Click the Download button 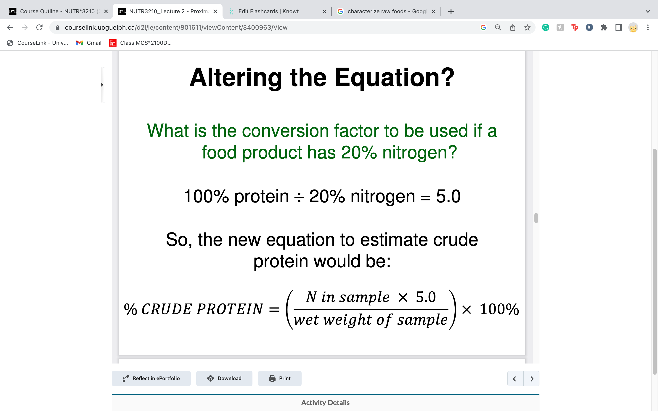point(224,378)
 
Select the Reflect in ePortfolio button point(151,378)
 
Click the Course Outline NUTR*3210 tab point(57,11)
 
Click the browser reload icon point(40,27)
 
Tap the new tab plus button point(451,11)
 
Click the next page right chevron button point(532,379)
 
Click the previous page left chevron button point(515,379)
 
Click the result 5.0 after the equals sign point(448,196)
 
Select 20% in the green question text point(359,153)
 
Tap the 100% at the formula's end point(499,309)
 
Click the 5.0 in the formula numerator point(426,297)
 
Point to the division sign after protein point(299,197)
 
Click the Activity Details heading point(325,403)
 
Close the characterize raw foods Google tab point(434,11)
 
